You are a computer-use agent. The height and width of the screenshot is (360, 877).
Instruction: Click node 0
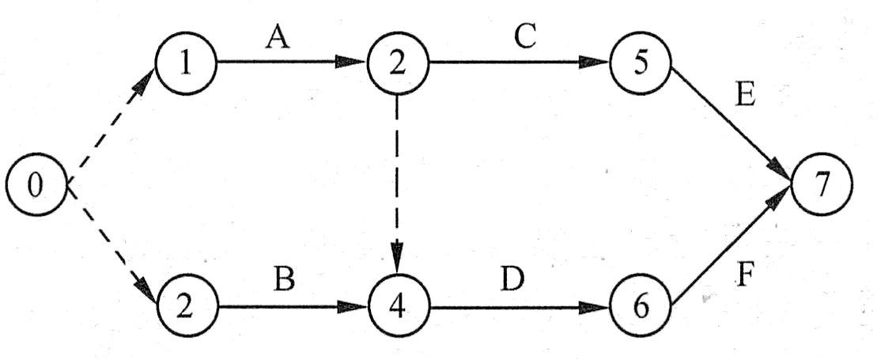click(x=36, y=185)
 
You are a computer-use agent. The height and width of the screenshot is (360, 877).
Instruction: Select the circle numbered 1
click(x=186, y=63)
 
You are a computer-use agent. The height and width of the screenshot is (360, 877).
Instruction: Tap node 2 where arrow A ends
click(x=397, y=63)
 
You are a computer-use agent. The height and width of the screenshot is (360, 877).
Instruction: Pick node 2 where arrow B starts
click(x=186, y=306)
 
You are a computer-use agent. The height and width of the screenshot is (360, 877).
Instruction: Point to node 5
click(x=641, y=63)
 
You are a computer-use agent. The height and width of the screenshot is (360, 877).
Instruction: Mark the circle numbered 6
click(x=641, y=306)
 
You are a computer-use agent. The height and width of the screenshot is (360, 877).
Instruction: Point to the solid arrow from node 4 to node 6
click(x=518, y=306)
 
